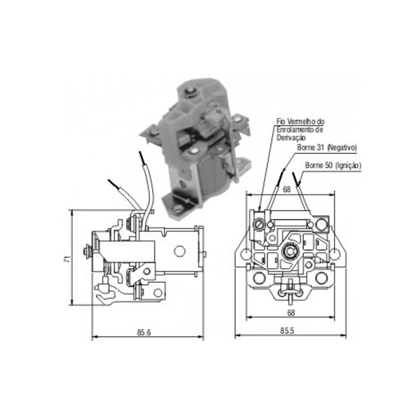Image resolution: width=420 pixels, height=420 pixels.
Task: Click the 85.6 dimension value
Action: [x=144, y=332]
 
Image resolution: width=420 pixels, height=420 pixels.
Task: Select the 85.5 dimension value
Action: [x=287, y=331]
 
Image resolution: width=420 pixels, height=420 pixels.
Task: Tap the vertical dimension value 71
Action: [x=67, y=259]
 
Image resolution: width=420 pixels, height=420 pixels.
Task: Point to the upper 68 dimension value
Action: [x=286, y=190]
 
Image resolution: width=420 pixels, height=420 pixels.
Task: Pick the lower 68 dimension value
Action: [x=291, y=313]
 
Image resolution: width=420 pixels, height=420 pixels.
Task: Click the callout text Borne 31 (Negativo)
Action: [x=327, y=148]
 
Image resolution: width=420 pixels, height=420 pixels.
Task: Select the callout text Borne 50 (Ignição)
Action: [x=333, y=165]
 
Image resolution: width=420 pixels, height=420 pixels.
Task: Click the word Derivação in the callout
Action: [x=291, y=138]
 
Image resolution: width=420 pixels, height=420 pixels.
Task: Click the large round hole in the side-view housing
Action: [x=179, y=251]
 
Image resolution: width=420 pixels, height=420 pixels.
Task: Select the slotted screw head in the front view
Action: [x=260, y=224]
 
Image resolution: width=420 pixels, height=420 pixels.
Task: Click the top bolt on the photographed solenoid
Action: [x=191, y=90]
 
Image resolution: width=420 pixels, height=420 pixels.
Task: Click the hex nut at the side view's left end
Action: [x=86, y=251]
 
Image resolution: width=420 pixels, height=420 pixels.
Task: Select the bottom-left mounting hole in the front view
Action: [x=259, y=278]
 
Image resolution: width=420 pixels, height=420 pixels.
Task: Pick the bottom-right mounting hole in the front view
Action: [x=321, y=278]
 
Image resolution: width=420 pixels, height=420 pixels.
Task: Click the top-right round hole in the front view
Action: [x=322, y=224]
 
